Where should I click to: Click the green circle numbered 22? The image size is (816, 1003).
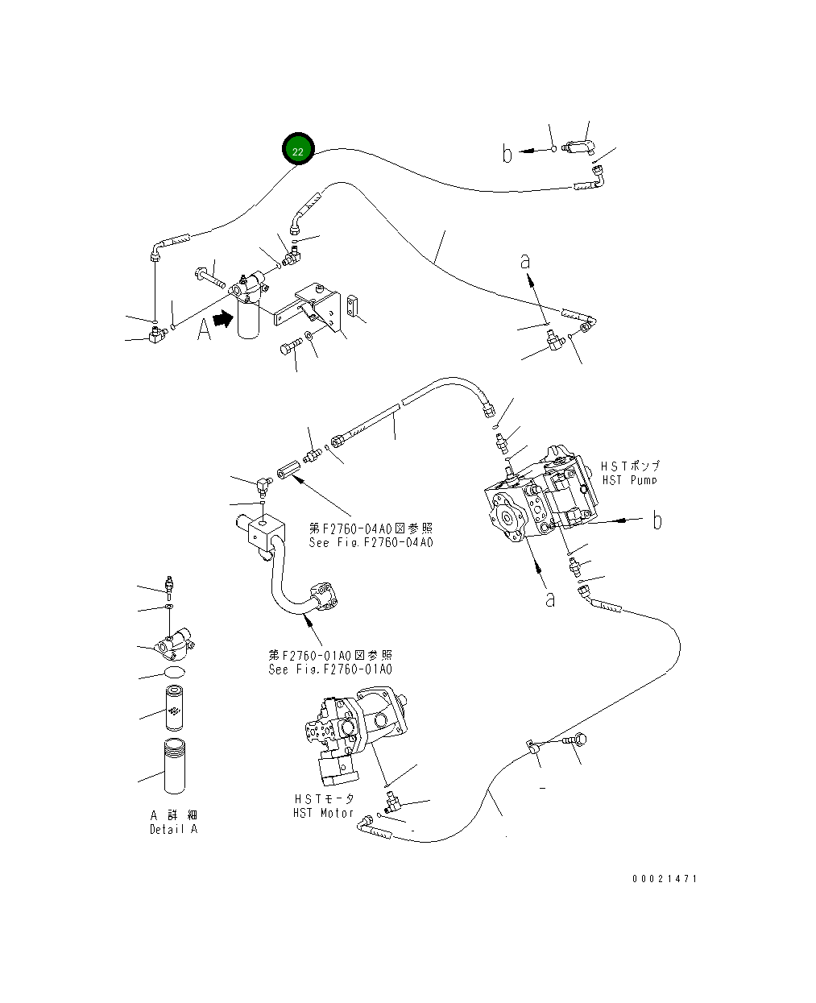click(x=298, y=151)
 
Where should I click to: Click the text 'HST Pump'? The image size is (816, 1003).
click(x=630, y=480)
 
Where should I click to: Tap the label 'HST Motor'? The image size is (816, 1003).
click(x=323, y=813)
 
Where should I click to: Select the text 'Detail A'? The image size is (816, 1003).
click(x=173, y=829)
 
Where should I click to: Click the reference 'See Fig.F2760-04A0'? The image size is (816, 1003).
click(x=371, y=542)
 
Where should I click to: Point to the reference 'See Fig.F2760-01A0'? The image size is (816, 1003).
click(x=330, y=669)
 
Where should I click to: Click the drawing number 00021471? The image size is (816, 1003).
click(x=665, y=878)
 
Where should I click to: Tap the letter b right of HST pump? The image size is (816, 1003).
click(x=657, y=520)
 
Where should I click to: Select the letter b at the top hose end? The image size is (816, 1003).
click(x=507, y=152)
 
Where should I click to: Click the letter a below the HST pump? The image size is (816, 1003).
click(x=550, y=599)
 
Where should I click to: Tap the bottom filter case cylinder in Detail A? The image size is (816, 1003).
click(x=176, y=765)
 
